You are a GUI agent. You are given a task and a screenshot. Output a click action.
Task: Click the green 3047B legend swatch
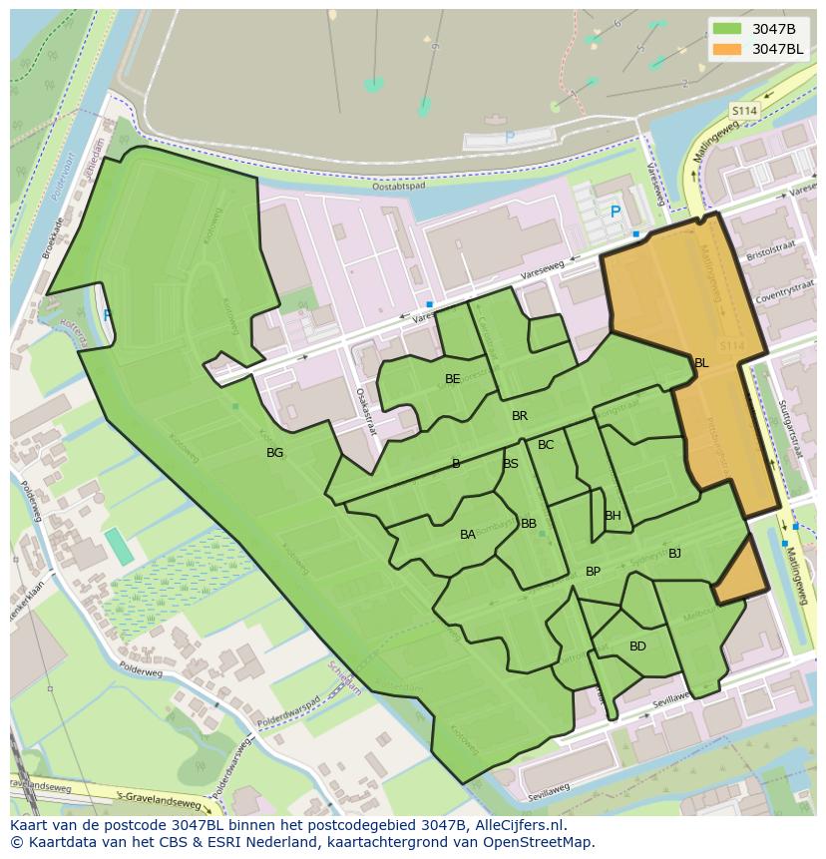point(728,29)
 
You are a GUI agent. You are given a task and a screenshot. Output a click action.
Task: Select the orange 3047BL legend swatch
point(728,49)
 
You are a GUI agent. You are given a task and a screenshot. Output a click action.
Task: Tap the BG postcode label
point(275,453)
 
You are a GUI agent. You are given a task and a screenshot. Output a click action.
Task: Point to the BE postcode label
point(453,379)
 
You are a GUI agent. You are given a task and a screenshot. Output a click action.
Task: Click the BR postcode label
point(520,416)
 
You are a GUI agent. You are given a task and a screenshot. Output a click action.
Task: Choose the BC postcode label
point(546,445)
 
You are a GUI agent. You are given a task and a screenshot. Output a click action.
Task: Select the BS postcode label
point(511,464)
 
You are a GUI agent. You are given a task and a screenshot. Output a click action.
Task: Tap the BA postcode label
point(468,535)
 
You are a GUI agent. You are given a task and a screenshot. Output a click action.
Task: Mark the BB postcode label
point(529,524)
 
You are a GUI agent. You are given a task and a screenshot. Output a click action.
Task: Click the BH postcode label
point(613,516)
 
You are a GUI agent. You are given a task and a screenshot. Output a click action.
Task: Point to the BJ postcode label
point(674,554)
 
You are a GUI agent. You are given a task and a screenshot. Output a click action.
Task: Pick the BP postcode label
point(594,572)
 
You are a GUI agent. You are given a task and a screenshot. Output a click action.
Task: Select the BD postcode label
point(637,646)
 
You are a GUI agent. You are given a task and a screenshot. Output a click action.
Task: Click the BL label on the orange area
point(701,363)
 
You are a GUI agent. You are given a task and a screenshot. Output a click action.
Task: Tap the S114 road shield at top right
point(744,111)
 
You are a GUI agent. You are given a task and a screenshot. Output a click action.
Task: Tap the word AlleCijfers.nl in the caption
point(518,826)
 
